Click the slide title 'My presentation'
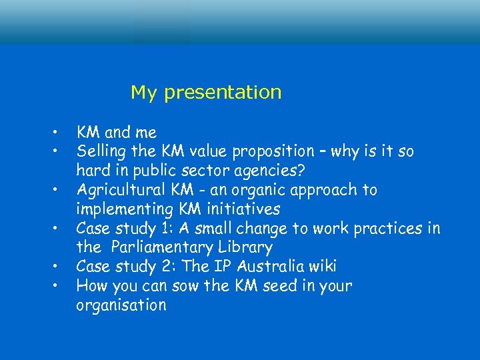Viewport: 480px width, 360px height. coord(206,92)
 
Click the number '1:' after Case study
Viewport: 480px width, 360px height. coord(168,229)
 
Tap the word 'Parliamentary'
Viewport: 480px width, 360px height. coord(160,248)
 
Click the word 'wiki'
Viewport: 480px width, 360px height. coord(321,267)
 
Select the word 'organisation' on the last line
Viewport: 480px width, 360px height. coord(121,306)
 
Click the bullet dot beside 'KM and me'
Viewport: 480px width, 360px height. coord(59,131)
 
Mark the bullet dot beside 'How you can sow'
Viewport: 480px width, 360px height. coord(59,285)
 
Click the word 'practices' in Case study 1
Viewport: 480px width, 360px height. coord(387,229)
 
